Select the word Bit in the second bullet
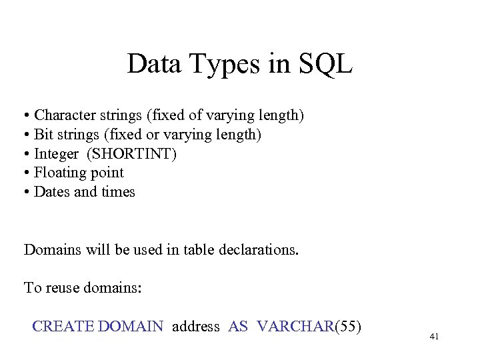(x=43, y=135)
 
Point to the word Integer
(x=56, y=154)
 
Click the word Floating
(x=60, y=173)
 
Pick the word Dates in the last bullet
(x=51, y=192)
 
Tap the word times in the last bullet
(x=117, y=192)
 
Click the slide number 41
(x=434, y=337)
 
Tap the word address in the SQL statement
(x=195, y=327)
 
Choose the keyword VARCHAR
(x=294, y=326)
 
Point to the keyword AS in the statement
(x=238, y=326)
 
